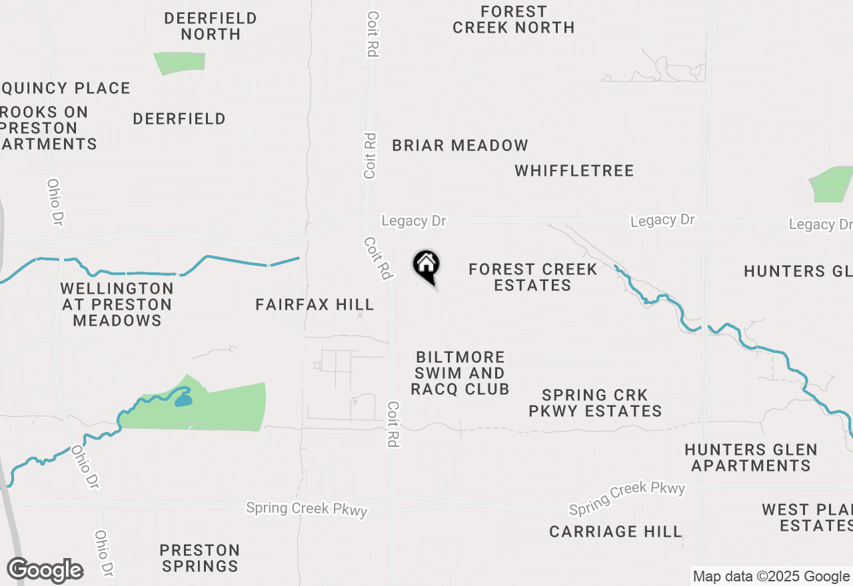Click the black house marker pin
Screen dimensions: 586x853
pos(426,266)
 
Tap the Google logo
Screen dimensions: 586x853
pos(45,571)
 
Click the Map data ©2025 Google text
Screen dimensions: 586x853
pos(771,577)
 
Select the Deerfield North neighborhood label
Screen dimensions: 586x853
pos(211,26)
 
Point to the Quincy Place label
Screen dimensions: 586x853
pos(66,88)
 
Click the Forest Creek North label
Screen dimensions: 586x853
pos(513,19)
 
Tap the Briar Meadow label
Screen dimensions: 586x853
pos(460,145)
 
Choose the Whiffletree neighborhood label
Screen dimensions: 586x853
pos(574,170)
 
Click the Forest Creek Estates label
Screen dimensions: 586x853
pos(532,277)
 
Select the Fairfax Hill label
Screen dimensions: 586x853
pos(315,305)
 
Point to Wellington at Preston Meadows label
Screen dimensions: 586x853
pos(117,304)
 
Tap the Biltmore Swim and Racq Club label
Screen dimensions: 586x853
pos(460,373)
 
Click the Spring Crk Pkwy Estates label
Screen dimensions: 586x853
pos(595,403)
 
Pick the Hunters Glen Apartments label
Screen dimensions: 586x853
pos(751,458)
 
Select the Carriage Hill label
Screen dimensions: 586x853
pos(616,531)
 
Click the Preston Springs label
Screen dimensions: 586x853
pos(200,558)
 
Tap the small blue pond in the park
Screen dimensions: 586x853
pos(183,401)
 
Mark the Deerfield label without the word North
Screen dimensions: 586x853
pos(179,119)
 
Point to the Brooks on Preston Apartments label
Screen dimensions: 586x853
pos(47,128)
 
